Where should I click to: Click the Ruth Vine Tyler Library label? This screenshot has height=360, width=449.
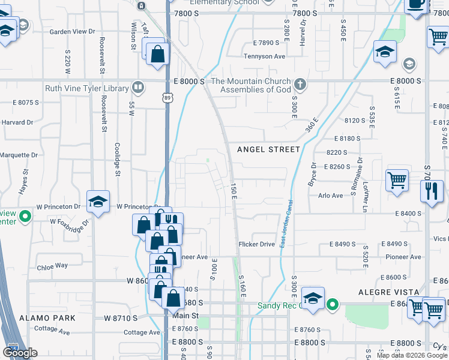tap(87, 88)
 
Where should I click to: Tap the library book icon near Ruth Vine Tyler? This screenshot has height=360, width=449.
tap(139, 88)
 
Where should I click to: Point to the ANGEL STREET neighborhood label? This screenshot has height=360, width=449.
tap(268, 149)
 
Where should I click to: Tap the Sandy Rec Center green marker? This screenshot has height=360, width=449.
tap(333, 305)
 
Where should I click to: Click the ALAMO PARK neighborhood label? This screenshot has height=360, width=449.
tap(47, 317)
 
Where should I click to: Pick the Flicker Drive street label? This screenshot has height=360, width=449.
tap(256, 244)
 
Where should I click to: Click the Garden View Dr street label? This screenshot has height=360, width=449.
tap(72, 31)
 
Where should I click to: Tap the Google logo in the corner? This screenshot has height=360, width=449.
tap(20, 353)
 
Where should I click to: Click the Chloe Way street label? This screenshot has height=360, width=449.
tap(52, 265)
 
